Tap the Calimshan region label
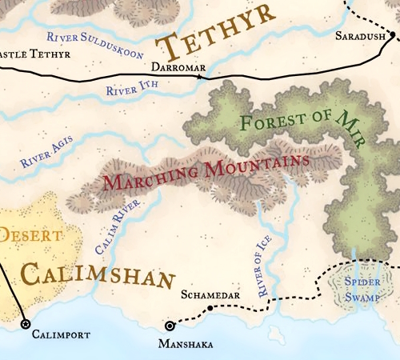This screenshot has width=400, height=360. pos(96,275)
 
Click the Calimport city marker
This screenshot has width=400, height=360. pos(25,324)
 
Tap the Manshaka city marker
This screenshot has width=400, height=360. pos(169,326)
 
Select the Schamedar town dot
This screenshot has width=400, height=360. pos(210,308)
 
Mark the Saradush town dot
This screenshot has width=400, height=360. pos(391,34)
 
